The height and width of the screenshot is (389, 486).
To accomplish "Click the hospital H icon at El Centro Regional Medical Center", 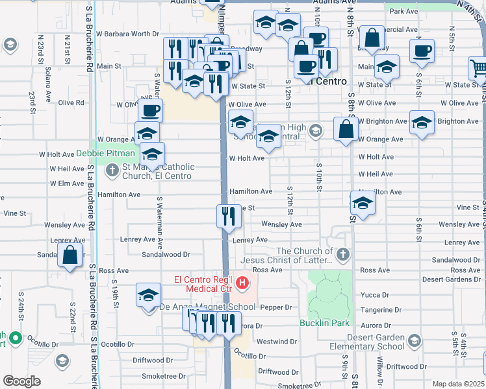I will [x=242, y=283].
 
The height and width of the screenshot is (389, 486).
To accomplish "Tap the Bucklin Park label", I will [x=324, y=323].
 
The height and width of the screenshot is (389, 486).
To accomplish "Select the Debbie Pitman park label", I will [x=106, y=154].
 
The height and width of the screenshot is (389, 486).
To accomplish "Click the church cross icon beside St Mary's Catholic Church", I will [x=112, y=171].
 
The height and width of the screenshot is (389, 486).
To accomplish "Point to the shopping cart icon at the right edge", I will [x=478, y=67].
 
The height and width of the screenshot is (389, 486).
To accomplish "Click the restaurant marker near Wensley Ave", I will [x=227, y=216].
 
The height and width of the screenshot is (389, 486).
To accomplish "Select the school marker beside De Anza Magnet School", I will [x=148, y=294].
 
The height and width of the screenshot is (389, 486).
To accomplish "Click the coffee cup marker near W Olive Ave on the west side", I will [x=150, y=110].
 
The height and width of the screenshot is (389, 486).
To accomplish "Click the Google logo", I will [x=21, y=381].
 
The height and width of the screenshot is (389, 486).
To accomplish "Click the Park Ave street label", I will [x=403, y=12].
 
